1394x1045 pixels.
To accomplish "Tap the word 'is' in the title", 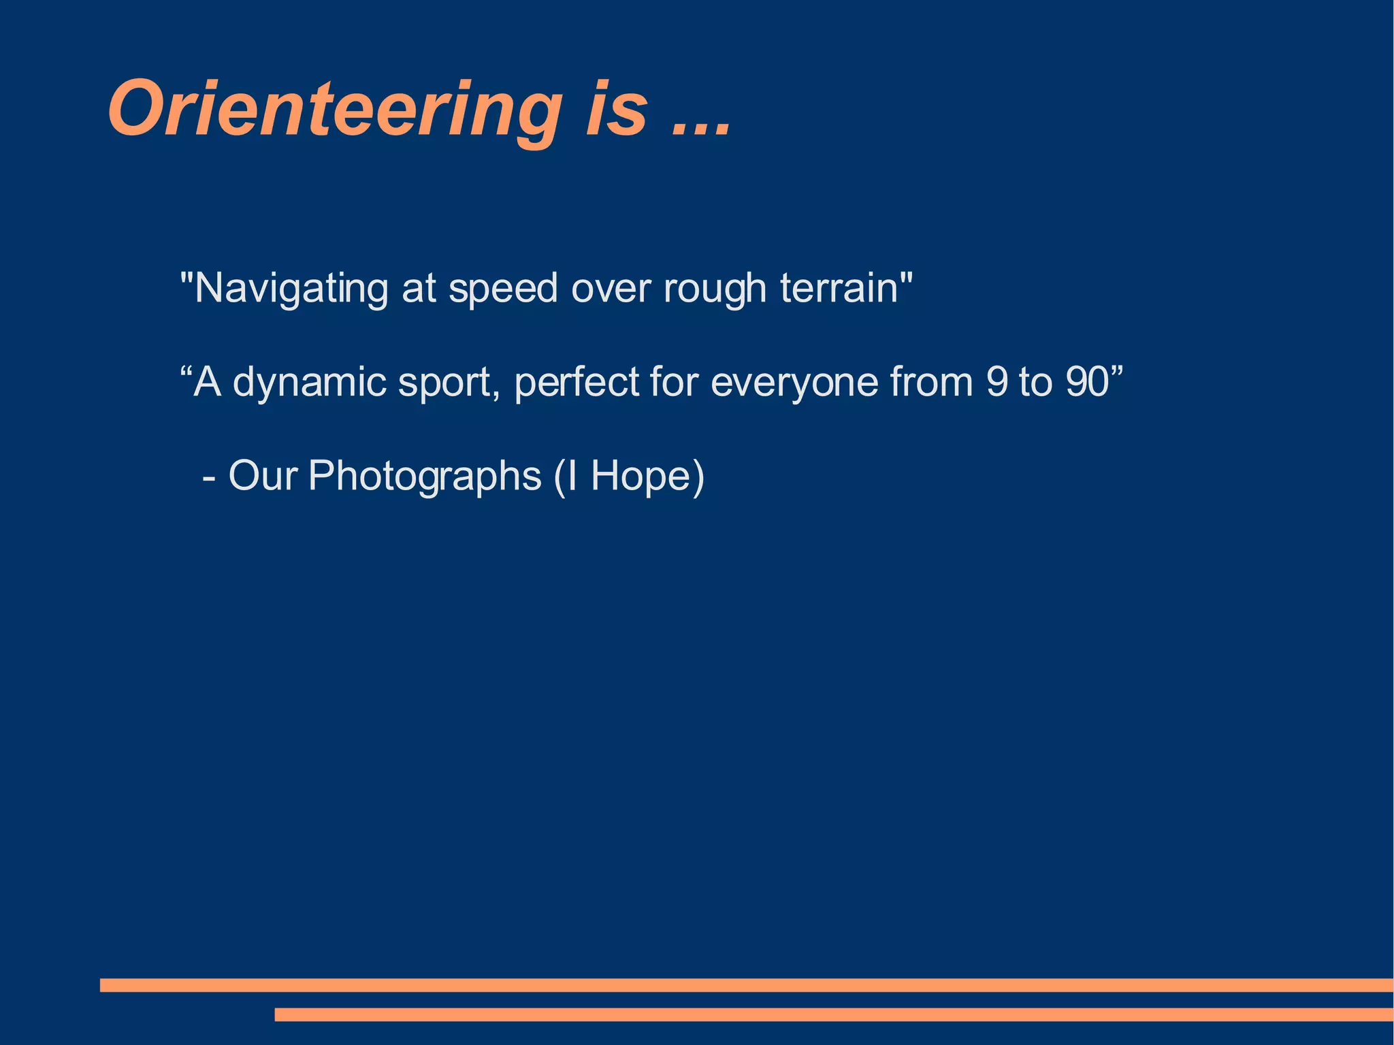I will coord(616,110).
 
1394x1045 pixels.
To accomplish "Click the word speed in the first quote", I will coord(503,289).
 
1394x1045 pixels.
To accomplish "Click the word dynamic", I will coord(310,383).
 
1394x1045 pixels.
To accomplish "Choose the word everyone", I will coord(794,383).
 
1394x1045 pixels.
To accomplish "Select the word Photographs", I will coord(424,477).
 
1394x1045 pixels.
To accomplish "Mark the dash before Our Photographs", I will coord(209,479).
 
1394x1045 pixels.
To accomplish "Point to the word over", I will coord(611,289).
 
